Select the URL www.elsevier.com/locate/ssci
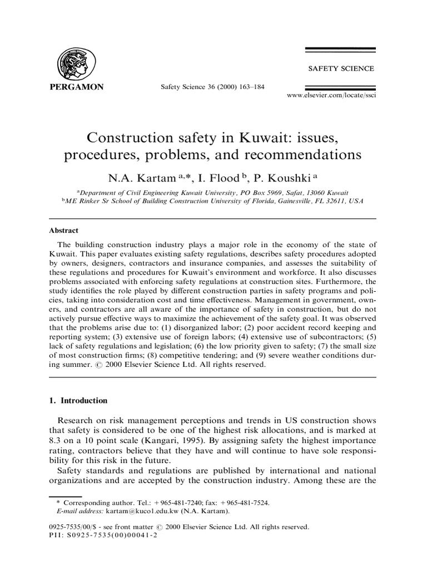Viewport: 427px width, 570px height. tap(330, 96)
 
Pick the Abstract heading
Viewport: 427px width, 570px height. tap(64, 230)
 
